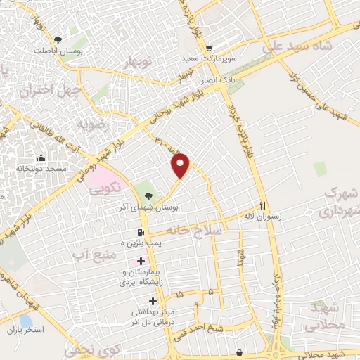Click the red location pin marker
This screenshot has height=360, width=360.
click(x=181, y=166)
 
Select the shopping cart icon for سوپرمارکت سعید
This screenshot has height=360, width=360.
click(x=209, y=49)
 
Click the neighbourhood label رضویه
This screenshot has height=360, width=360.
click(x=94, y=124)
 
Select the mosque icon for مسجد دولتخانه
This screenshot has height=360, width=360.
click(x=41, y=157)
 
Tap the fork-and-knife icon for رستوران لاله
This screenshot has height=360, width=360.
click(x=263, y=206)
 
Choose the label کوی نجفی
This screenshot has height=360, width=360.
click(x=89, y=347)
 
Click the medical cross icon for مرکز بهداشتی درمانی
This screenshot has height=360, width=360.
click(x=153, y=302)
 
